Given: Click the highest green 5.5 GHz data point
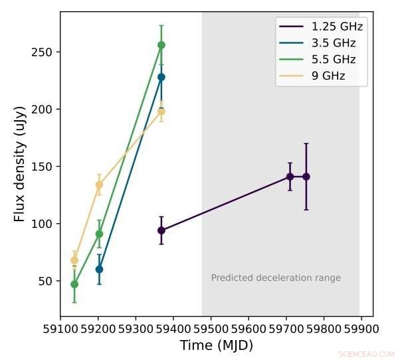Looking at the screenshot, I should pyautogui.click(x=161, y=45).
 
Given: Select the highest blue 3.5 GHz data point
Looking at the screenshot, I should pyautogui.click(x=161, y=77).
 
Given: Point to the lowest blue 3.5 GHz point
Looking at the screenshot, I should pyautogui.click(x=99, y=269).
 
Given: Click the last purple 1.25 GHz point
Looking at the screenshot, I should pyautogui.click(x=306, y=177).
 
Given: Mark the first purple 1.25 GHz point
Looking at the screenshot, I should pyautogui.click(x=161, y=230).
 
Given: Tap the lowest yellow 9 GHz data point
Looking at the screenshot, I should pyautogui.click(x=74, y=260).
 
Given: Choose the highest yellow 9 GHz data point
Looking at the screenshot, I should pyautogui.click(x=161, y=112).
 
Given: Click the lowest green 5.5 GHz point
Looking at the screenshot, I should pyautogui.click(x=74, y=284).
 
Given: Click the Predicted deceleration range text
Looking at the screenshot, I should pyautogui.click(x=276, y=278).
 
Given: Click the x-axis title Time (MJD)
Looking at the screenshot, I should pyautogui.click(x=216, y=345).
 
